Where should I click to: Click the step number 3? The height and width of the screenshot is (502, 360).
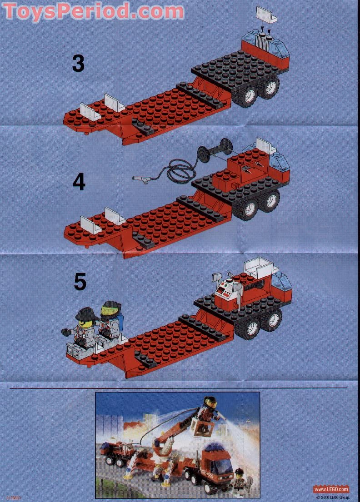(x=78, y=63)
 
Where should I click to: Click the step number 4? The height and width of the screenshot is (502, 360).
(x=79, y=182)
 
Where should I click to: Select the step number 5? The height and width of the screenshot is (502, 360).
(x=80, y=282)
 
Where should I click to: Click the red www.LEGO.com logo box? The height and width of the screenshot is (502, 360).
(x=331, y=489)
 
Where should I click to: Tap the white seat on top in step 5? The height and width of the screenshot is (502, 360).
(x=258, y=269)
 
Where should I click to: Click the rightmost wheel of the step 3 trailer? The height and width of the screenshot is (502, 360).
(x=271, y=86)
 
